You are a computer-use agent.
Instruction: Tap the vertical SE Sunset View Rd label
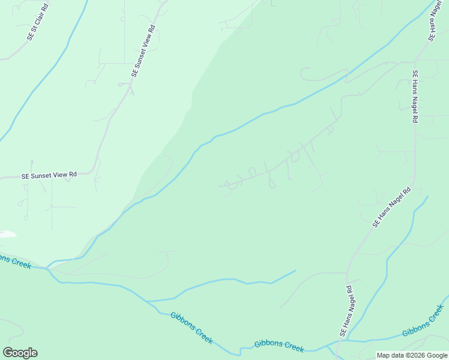143,51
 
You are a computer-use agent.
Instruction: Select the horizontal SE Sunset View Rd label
49,175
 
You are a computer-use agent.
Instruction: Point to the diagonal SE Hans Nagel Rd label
391,208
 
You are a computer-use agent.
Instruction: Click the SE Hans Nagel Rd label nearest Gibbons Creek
346,310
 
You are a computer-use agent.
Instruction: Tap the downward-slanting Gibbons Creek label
191,328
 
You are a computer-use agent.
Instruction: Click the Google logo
20,353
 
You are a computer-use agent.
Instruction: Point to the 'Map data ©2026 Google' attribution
412,355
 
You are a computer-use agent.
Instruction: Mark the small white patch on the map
7,234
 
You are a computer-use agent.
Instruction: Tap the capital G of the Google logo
8,353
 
